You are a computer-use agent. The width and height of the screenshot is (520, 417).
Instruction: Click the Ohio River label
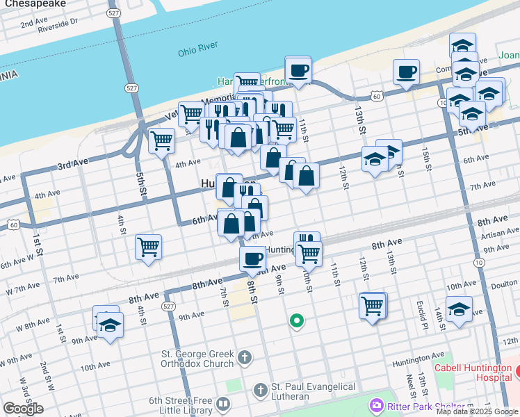198,52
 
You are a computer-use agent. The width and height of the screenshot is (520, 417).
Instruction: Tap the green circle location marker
297,321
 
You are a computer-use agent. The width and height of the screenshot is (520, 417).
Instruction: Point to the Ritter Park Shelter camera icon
377,405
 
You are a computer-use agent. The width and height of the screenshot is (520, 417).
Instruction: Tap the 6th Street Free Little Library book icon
223,403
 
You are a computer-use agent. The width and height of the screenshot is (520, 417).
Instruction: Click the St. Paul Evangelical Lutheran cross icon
261,391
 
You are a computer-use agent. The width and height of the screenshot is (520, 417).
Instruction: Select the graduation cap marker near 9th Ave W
110,325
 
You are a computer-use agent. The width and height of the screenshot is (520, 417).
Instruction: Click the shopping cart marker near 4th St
149,246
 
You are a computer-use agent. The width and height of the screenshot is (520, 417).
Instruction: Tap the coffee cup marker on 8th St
252,259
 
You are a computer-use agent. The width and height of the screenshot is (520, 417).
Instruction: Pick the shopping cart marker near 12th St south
373,305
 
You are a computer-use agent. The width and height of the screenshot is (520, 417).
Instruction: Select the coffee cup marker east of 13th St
407,71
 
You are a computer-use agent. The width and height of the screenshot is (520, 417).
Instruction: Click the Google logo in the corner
23,408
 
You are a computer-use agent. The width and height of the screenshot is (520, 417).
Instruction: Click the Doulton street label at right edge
505,284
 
